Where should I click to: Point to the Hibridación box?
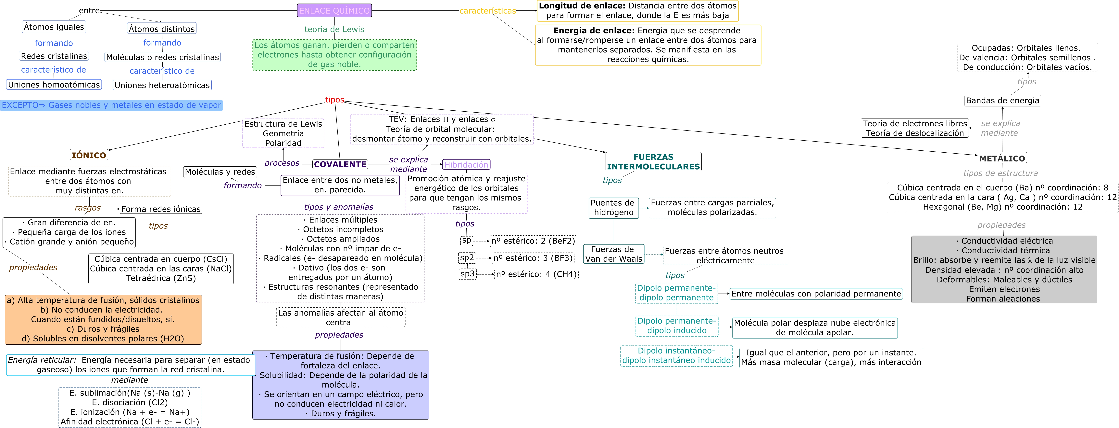(466, 164)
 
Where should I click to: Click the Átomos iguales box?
(54, 27)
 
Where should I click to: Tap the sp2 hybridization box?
(467, 257)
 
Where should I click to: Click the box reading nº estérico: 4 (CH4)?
(536, 274)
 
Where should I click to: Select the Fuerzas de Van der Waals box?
(613, 254)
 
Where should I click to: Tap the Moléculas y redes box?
(220, 172)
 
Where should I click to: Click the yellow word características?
(487, 11)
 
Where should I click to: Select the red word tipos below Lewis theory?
(334, 100)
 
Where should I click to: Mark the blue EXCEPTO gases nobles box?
(111, 105)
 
